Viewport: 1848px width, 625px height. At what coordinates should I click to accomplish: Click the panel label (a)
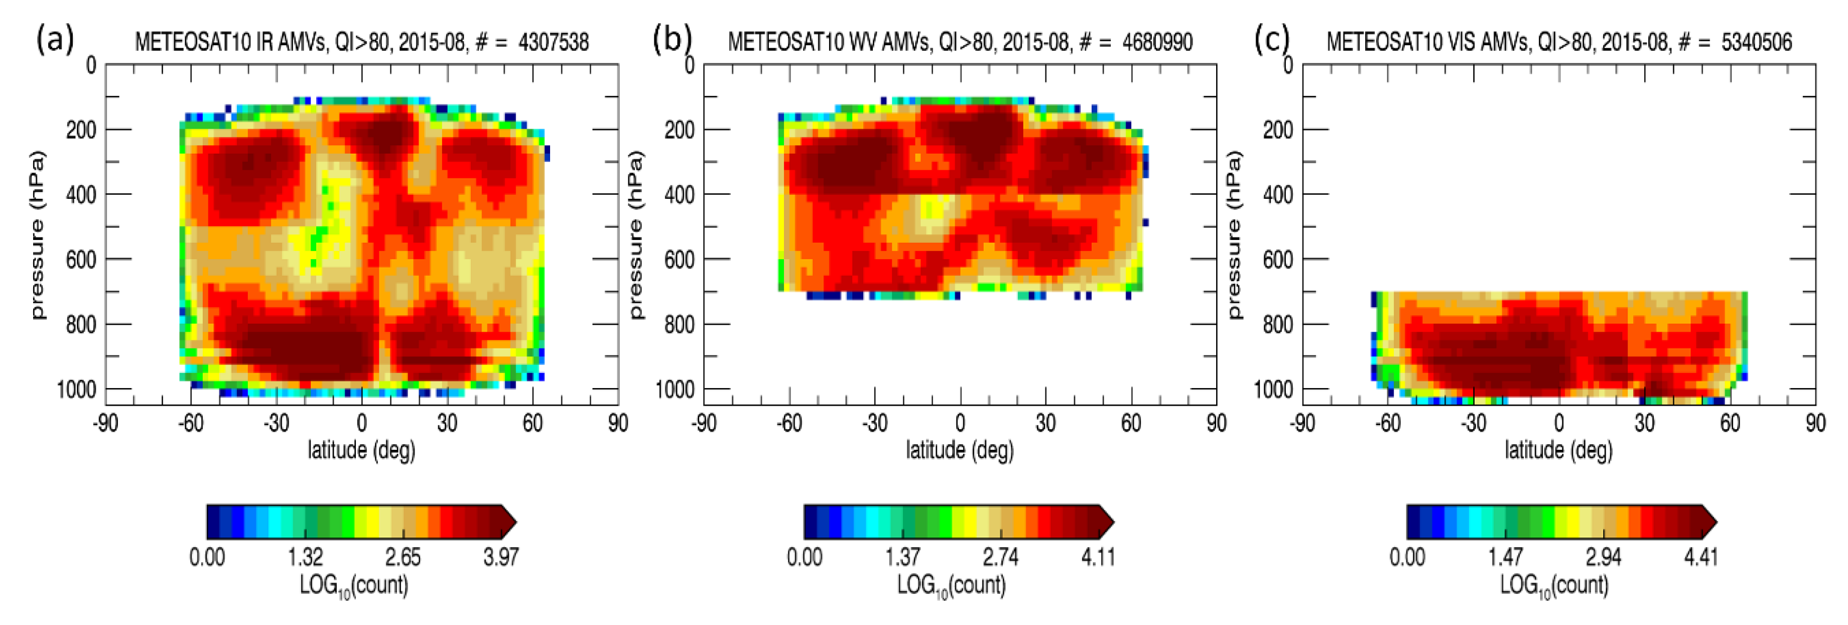[55, 40]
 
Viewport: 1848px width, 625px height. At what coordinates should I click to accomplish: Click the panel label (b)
[672, 40]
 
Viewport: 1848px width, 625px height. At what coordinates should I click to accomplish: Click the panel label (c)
[1271, 40]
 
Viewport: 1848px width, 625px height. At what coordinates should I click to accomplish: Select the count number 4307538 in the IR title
[553, 43]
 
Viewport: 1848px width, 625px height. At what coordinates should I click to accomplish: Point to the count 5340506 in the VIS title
[1756, 43]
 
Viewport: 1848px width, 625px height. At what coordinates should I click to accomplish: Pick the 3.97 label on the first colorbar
[501, 557]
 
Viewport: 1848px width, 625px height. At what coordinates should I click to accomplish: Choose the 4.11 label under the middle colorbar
[1098, 557]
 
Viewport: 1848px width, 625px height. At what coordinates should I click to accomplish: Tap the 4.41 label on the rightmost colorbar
[1701, 557]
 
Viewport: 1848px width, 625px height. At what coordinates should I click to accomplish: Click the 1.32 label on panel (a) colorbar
[306, 557]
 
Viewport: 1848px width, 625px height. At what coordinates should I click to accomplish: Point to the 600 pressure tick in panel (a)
[81, 260]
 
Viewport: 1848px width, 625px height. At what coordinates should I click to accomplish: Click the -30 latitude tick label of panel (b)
[874, 423]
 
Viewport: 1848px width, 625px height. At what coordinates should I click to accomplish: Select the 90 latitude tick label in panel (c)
[1815, 423]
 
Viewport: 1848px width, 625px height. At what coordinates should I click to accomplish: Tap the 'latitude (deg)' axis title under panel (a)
[361, 451]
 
